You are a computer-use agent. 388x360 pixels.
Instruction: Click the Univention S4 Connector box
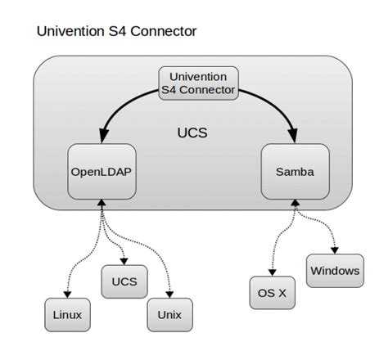tap(196, 83)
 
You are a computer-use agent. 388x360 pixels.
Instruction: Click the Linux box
tap(65, 314)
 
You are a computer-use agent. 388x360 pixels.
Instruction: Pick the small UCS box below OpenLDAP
tap(120, 282)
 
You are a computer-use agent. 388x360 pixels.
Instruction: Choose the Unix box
tap(169, 314)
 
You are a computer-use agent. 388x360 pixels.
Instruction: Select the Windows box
tap(334, 270)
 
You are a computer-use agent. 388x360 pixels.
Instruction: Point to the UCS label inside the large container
tap(192, 132)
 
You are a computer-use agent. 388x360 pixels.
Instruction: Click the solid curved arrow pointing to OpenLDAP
tap(123, 102)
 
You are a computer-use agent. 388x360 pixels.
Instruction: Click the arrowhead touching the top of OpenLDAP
tap(101, 137)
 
